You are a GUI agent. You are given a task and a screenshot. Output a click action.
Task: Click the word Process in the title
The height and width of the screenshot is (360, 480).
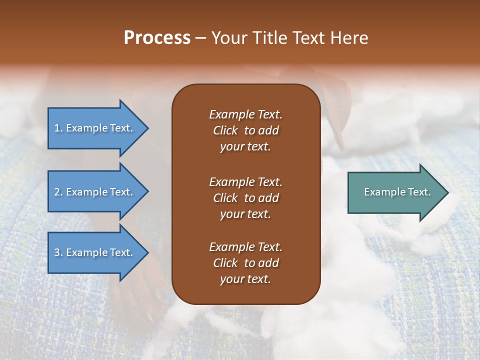pyautogui.click(x=157, y=38)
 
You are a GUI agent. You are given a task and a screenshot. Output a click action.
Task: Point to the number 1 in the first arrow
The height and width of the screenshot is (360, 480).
pyautogui.click(x=56, y=128)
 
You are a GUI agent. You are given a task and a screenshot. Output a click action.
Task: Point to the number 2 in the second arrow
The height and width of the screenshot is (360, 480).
pyautogui.click(x=56, y=192)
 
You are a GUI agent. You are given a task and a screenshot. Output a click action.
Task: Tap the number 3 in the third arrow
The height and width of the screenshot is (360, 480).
pyautogui.click(x=56, y=252)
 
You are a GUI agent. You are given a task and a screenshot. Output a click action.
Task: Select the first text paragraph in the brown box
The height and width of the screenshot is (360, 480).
pyautogui.click(x=245, y=130)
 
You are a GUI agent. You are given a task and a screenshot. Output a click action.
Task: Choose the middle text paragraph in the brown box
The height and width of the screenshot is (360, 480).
pyautogui.click(x=245, y=198)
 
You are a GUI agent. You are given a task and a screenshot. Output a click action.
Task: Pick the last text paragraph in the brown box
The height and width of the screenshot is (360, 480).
pyautogui.click(x=245, y=263)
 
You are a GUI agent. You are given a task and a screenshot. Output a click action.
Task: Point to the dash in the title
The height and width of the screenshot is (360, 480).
pyautogui.click(x=201, y=38)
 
